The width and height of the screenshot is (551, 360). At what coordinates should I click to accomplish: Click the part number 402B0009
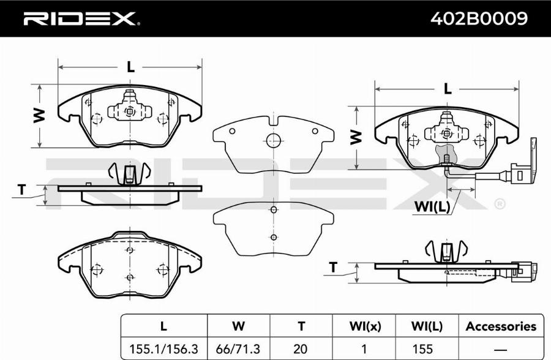(479, 18)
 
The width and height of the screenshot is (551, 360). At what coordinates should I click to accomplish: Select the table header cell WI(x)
(365, 326)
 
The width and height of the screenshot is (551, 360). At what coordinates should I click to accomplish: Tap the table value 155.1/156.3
(163, 349)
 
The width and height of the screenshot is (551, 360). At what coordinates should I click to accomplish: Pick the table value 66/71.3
(238, 349)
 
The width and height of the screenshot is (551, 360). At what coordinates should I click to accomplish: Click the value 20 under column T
(301, 349)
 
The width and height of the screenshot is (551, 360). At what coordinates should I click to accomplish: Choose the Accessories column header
(501, 326)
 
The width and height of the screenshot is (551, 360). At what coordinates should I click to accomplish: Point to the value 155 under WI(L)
(422, 349)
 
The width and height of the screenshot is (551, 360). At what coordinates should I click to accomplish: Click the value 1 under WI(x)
(364, 349)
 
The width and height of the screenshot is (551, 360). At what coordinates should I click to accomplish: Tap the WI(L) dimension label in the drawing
(432, 207)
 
